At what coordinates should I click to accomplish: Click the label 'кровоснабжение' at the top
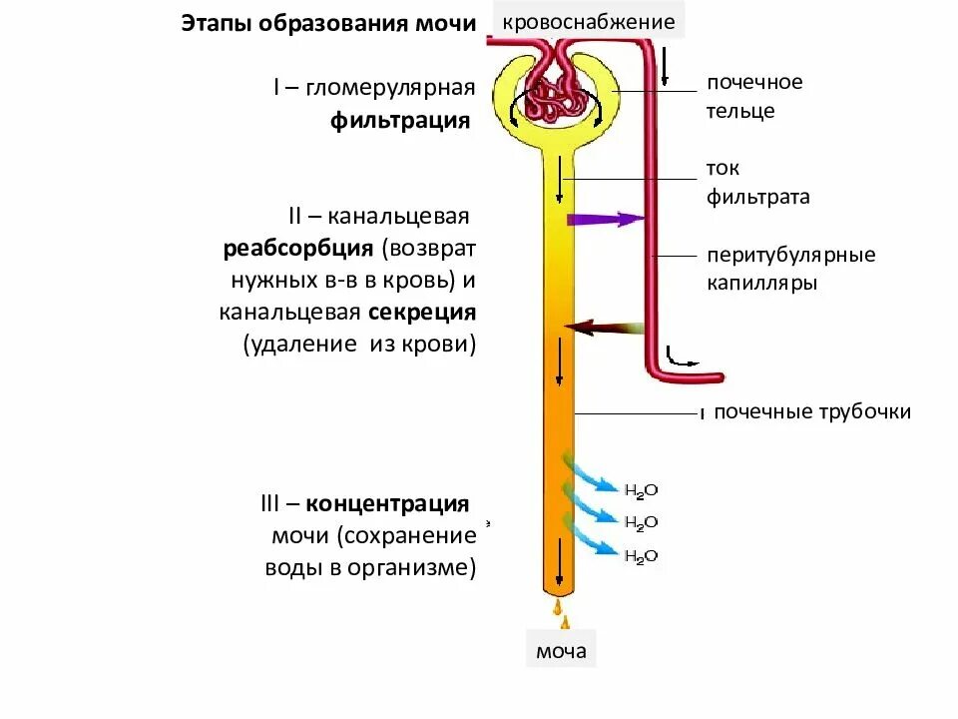(x=589, y=21)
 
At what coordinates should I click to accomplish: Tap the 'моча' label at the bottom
(x=561, y=653)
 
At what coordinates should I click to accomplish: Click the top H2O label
(x=642, y=490)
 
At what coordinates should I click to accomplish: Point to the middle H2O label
(x=642, y=523)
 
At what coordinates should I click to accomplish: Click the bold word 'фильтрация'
(x=400, y=121)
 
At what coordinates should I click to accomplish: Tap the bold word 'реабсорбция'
(x=298, y=247)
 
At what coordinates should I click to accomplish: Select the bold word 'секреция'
(x=422, y=312)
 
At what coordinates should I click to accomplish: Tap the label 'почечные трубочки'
(x=812, y=411)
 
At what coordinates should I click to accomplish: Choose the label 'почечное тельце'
(x=754, y=96)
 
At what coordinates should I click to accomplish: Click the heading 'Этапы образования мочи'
(x=328, y=23)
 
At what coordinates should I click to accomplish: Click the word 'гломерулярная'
(x=389, y=88)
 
